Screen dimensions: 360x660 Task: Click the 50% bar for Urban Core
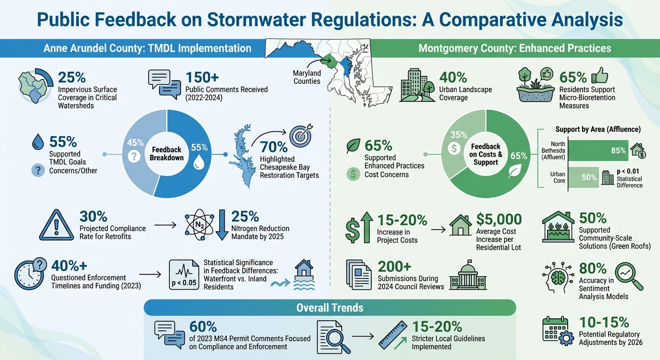click(584, 178)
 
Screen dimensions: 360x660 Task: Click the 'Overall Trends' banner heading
click(330, 307)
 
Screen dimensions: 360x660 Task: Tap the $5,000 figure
click(499, 219)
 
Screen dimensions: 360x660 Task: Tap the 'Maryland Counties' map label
click(307, 77)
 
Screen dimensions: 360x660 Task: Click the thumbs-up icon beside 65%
click(600, 75)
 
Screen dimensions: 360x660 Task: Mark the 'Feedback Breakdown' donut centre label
click(166, 154)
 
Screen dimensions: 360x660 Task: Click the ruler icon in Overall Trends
click(392, 334)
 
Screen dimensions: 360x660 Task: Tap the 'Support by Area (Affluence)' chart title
click(598, 129)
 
